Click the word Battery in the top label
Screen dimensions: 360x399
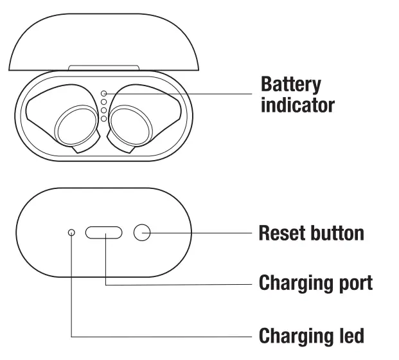[290, 85]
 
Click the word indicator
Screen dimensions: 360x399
[297, 104]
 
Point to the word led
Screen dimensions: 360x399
[351, 335]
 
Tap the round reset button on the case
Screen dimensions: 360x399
[142, 233]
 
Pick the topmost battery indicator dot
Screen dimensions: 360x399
[103, 93]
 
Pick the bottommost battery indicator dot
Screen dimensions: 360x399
[103, 118]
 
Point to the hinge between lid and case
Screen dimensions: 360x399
[103, 67]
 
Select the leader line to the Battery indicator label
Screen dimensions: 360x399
[180, 93]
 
